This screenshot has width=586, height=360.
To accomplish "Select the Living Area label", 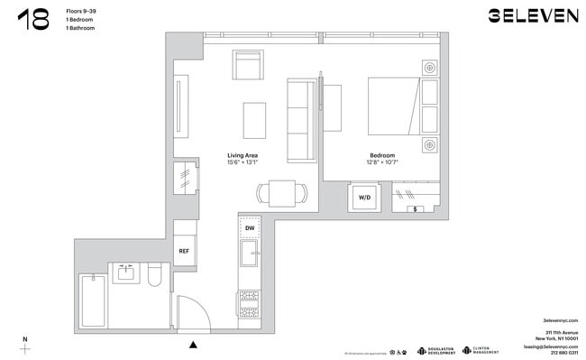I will click(x=243, y=155).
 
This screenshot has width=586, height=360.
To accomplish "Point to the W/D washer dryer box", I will click(x=364, y=197).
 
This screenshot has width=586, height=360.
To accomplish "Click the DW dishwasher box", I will click(x=249, y=228).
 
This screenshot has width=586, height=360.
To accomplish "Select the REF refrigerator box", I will click(x=184, y=251).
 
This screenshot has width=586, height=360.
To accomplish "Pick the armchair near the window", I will click(x=248, y=67).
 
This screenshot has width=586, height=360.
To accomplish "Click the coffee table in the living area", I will click(x=254, y=119).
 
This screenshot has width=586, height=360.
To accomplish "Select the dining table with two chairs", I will click(x=281, y=192).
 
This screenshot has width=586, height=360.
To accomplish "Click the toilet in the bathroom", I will click(x=154, y=273).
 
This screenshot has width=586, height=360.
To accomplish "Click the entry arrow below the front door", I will click(x=192, y=344).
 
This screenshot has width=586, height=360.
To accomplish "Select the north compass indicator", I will click(x=25, y=344).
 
